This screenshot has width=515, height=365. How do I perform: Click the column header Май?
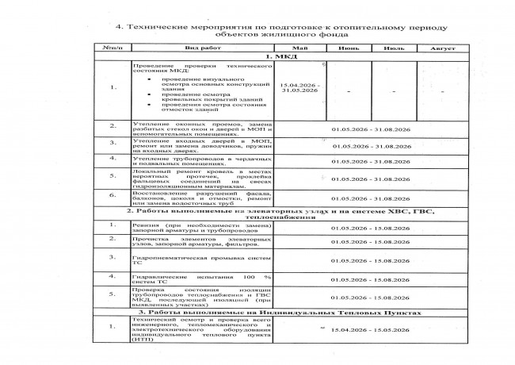(301, 49)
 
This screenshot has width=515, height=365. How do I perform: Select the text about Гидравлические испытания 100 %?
(202, 279)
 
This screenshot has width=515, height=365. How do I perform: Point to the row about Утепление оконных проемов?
(202, 129)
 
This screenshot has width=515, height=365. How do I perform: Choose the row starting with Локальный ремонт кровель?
(202, 179)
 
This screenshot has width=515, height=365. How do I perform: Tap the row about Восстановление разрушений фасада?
(202, 198)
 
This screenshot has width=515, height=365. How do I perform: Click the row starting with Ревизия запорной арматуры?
(202, 228)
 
